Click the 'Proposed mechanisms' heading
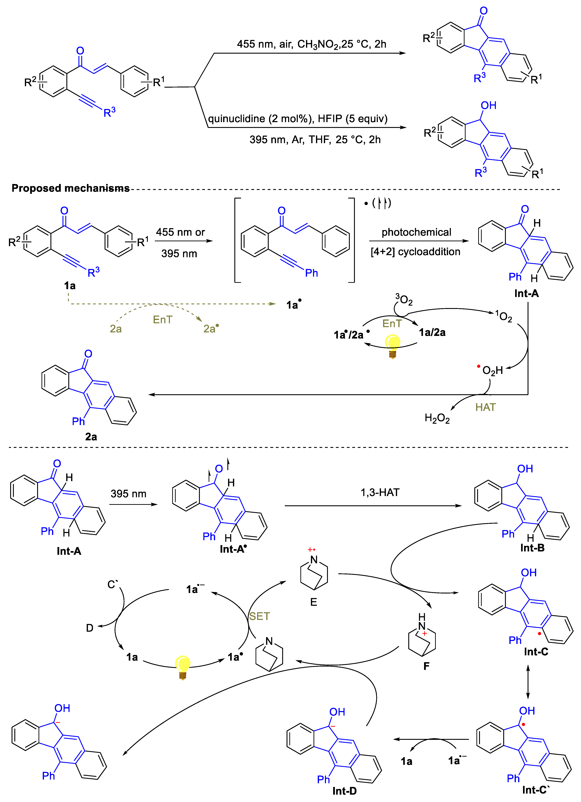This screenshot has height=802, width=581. tap(70, 188)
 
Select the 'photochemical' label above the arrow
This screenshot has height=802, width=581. tap(416, 232)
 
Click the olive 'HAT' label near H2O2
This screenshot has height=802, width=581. tap(485, 407)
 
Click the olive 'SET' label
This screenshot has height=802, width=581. tap(259, 616)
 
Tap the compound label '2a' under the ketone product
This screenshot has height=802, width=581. tap(91, 437)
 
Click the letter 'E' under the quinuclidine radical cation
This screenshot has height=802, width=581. tap(314, 602)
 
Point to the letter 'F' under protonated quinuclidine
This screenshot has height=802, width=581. tap(426, 666)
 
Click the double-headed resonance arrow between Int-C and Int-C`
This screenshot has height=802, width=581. tap(528, 682)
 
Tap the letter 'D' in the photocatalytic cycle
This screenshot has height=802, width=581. tap(90, 628)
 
